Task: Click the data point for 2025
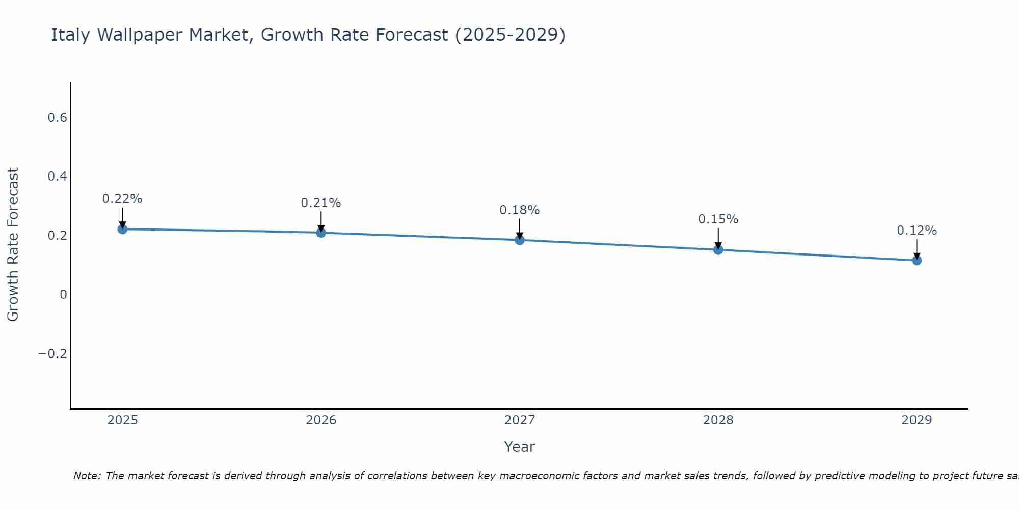122,229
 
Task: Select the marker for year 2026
321,233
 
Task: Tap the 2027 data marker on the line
520,240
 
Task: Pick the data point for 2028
718,249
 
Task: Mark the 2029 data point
917,261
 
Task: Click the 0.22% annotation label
122,199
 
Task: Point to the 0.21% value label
321,203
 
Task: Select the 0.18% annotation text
520,210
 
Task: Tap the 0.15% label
718,219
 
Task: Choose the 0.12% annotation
917,231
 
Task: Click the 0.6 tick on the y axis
57,118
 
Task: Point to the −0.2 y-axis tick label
53,353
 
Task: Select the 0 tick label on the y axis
63,295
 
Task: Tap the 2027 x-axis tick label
520,420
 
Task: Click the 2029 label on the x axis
917,420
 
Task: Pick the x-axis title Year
520,447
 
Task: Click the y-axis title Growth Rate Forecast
13,245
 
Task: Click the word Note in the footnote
87,476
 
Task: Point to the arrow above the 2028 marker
718,238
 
